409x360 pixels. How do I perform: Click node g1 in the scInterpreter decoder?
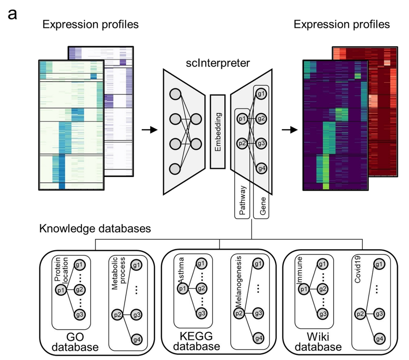pos(261,94)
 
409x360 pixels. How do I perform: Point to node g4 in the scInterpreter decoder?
pos(261,168)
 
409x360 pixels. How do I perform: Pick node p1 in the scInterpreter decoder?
pos(242,118)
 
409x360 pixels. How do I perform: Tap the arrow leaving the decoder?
pos(291,130)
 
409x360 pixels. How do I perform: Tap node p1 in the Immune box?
pos(304,289)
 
